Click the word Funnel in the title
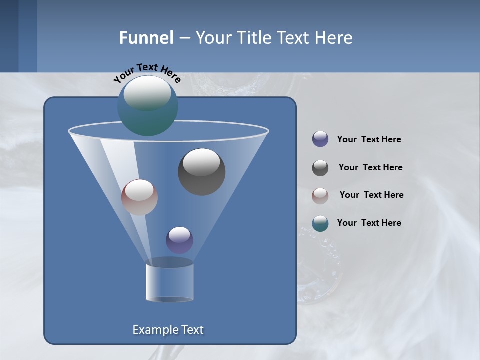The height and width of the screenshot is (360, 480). pos(146,38)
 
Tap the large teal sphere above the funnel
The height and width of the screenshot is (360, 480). pos(147,106)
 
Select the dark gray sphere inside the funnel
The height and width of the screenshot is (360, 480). pos(201,172)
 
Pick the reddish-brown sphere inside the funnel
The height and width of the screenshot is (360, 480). pos(139,197)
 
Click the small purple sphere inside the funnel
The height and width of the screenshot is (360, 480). pos(179,240)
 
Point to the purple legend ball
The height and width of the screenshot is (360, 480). pos(320,139)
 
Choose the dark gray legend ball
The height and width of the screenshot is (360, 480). pos(320,168)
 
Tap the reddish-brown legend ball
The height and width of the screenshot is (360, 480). pos(320,196)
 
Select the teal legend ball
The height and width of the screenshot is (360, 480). pos(320,223)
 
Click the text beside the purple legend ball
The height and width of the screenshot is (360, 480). pos(369,139)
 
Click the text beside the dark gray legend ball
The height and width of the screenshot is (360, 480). pos(370,167)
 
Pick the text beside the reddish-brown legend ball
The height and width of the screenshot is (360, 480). pos(371,195)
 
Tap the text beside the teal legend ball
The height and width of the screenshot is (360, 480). pos(369,223)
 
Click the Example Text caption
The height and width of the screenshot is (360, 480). pos(168,330)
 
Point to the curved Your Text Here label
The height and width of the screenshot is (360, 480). pos(147,72)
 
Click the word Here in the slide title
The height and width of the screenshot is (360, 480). pos(334,38)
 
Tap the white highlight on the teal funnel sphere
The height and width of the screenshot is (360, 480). pos(147,93)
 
